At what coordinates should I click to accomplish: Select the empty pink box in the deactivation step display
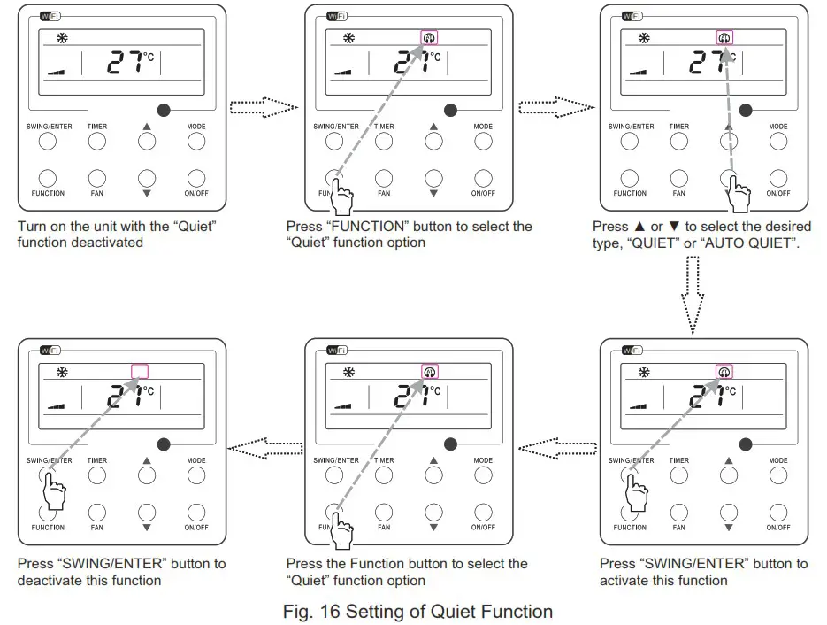(x=139, y=372)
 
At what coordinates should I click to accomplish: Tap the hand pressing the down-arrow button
(x=737, y=189)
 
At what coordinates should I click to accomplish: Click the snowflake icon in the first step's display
(x=62, y=38)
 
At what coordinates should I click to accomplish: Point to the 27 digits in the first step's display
(x=126, y=64)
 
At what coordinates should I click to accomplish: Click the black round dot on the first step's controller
(x=164, y=110)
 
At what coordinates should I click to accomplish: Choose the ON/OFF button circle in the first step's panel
(x=196, y=178)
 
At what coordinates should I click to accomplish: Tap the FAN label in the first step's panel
(x=97, y=193)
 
